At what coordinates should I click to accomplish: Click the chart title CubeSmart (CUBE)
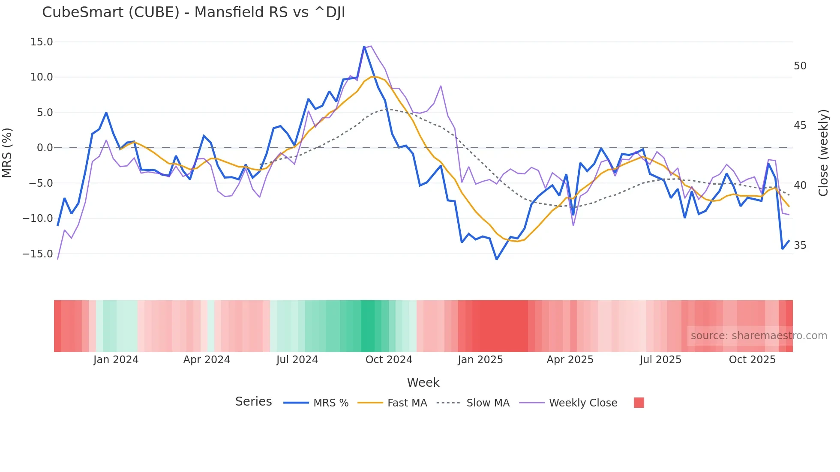193,12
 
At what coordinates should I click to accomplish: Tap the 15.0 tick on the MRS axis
41,42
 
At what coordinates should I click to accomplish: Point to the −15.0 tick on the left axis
38,254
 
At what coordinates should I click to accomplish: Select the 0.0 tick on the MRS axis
45,148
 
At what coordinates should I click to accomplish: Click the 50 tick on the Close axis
800,66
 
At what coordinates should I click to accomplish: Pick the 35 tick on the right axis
800,245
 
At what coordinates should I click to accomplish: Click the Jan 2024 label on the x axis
116,360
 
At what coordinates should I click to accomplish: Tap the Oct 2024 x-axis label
389,360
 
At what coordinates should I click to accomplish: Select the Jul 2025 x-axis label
660,360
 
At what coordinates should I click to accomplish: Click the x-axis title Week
423,382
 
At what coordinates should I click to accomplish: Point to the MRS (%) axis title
7,152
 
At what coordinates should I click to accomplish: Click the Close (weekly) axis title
823,153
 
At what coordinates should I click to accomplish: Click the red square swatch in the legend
639,403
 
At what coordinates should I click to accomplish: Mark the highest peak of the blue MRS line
364,47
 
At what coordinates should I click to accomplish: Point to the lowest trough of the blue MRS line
497,259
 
